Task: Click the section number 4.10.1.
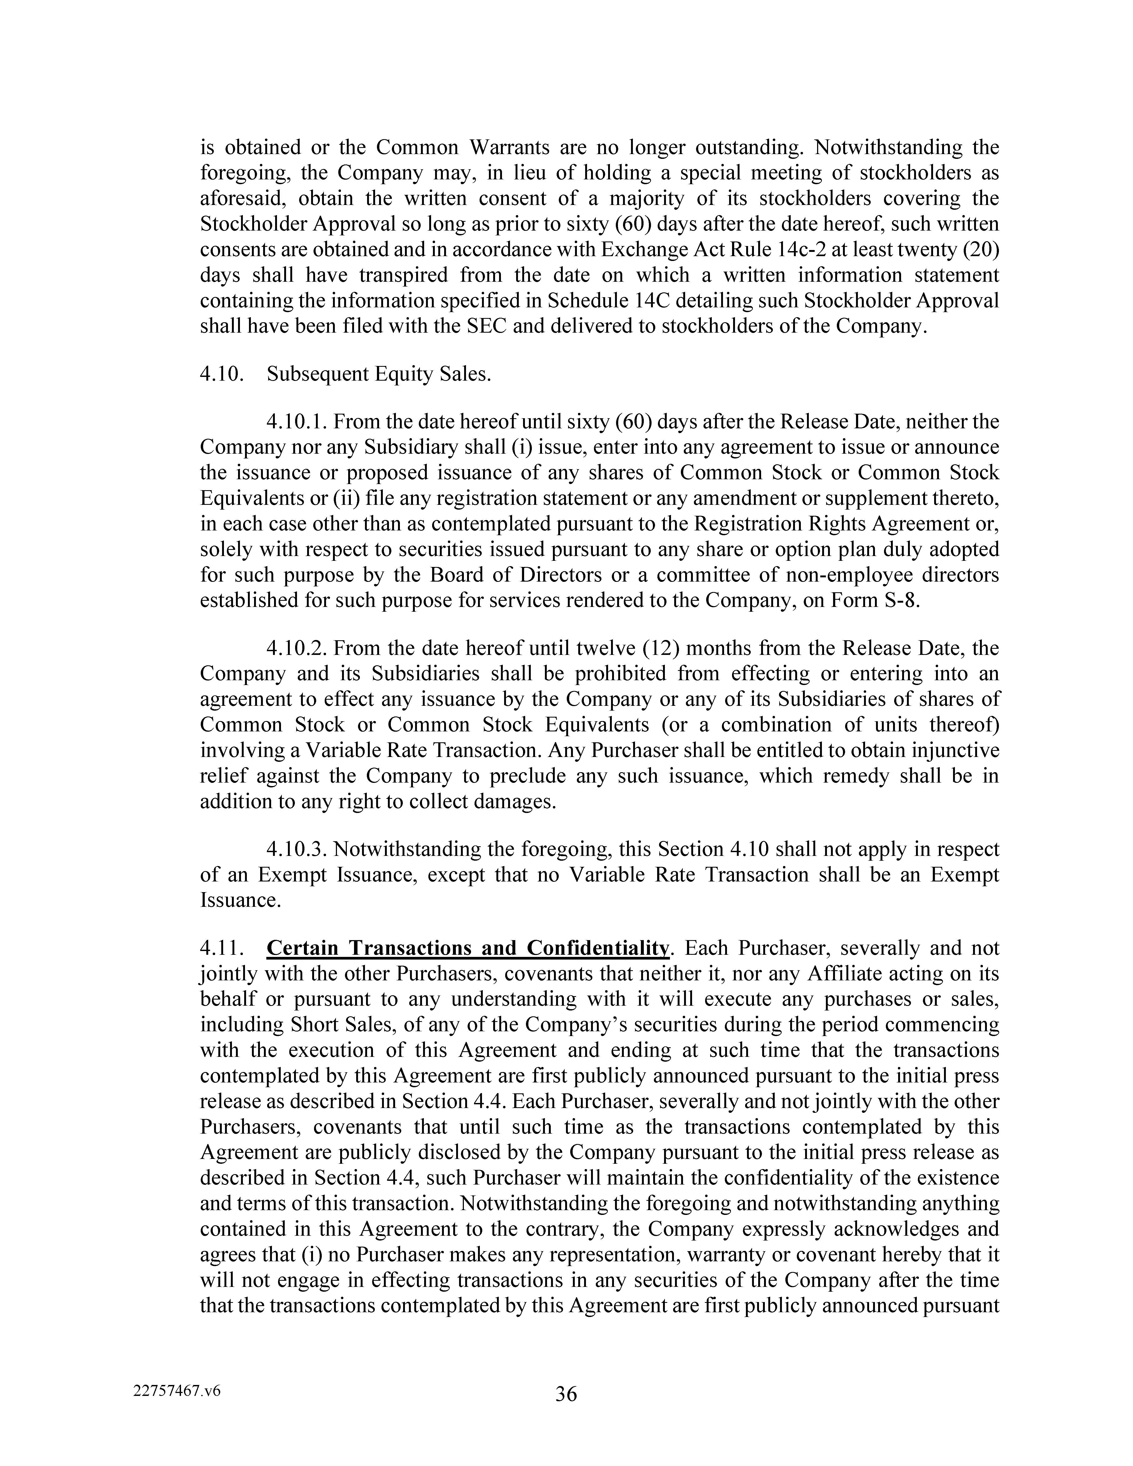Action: (297, 422)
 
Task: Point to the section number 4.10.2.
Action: (297, 649)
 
